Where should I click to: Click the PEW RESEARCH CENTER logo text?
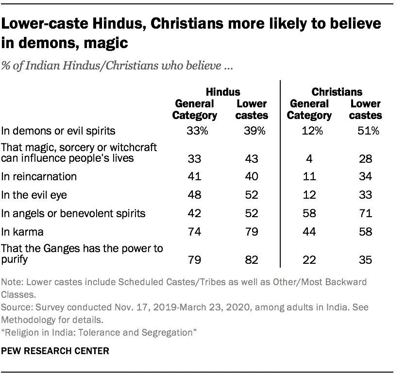click(x=54, y=350)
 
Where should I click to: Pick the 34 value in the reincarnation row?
click(x=365, y=176)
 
